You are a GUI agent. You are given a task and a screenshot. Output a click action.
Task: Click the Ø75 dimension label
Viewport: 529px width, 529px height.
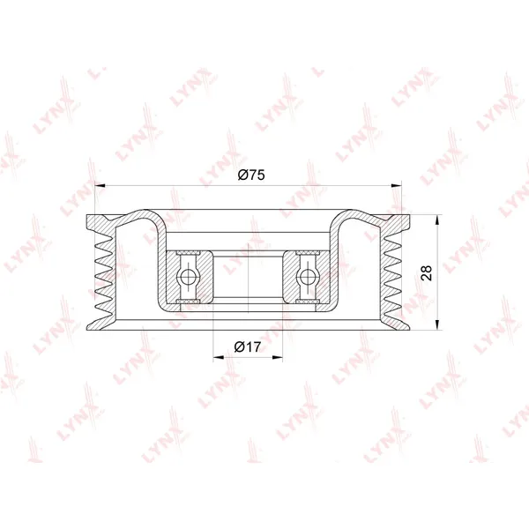pos(251,175)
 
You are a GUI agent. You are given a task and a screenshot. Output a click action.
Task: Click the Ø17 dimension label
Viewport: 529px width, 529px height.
pos(248,346)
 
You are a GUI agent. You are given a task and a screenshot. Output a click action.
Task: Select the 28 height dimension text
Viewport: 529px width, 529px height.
pos(427,273)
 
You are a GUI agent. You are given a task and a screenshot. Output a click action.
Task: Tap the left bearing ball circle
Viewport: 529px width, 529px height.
pos(188,277)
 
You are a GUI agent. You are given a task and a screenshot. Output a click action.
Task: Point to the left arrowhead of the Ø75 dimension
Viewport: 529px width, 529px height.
pos(101,185)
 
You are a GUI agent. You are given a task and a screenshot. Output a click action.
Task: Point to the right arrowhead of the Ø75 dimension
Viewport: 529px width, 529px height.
pos(397,185)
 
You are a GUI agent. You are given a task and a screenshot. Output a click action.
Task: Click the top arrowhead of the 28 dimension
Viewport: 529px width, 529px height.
pos(437,220)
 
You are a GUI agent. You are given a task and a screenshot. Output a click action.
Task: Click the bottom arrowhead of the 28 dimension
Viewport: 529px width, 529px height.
pos(437,324)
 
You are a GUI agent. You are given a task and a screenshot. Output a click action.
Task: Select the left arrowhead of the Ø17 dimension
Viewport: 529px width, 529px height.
pos(219,357)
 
